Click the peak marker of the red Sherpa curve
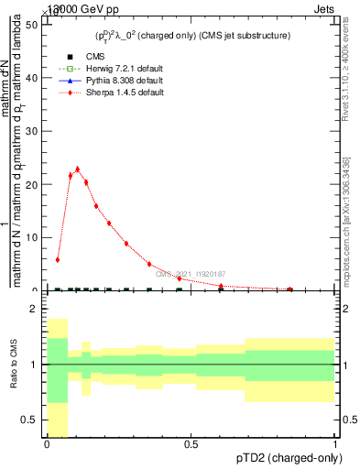point(77,169)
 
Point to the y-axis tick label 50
point(31,25)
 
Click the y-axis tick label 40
point(31,78)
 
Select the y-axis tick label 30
point(31,131)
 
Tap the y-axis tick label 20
point(31,184)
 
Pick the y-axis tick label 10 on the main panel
point(31,237)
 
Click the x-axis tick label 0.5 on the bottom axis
point(191,444)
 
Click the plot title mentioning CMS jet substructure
point(192,36)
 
